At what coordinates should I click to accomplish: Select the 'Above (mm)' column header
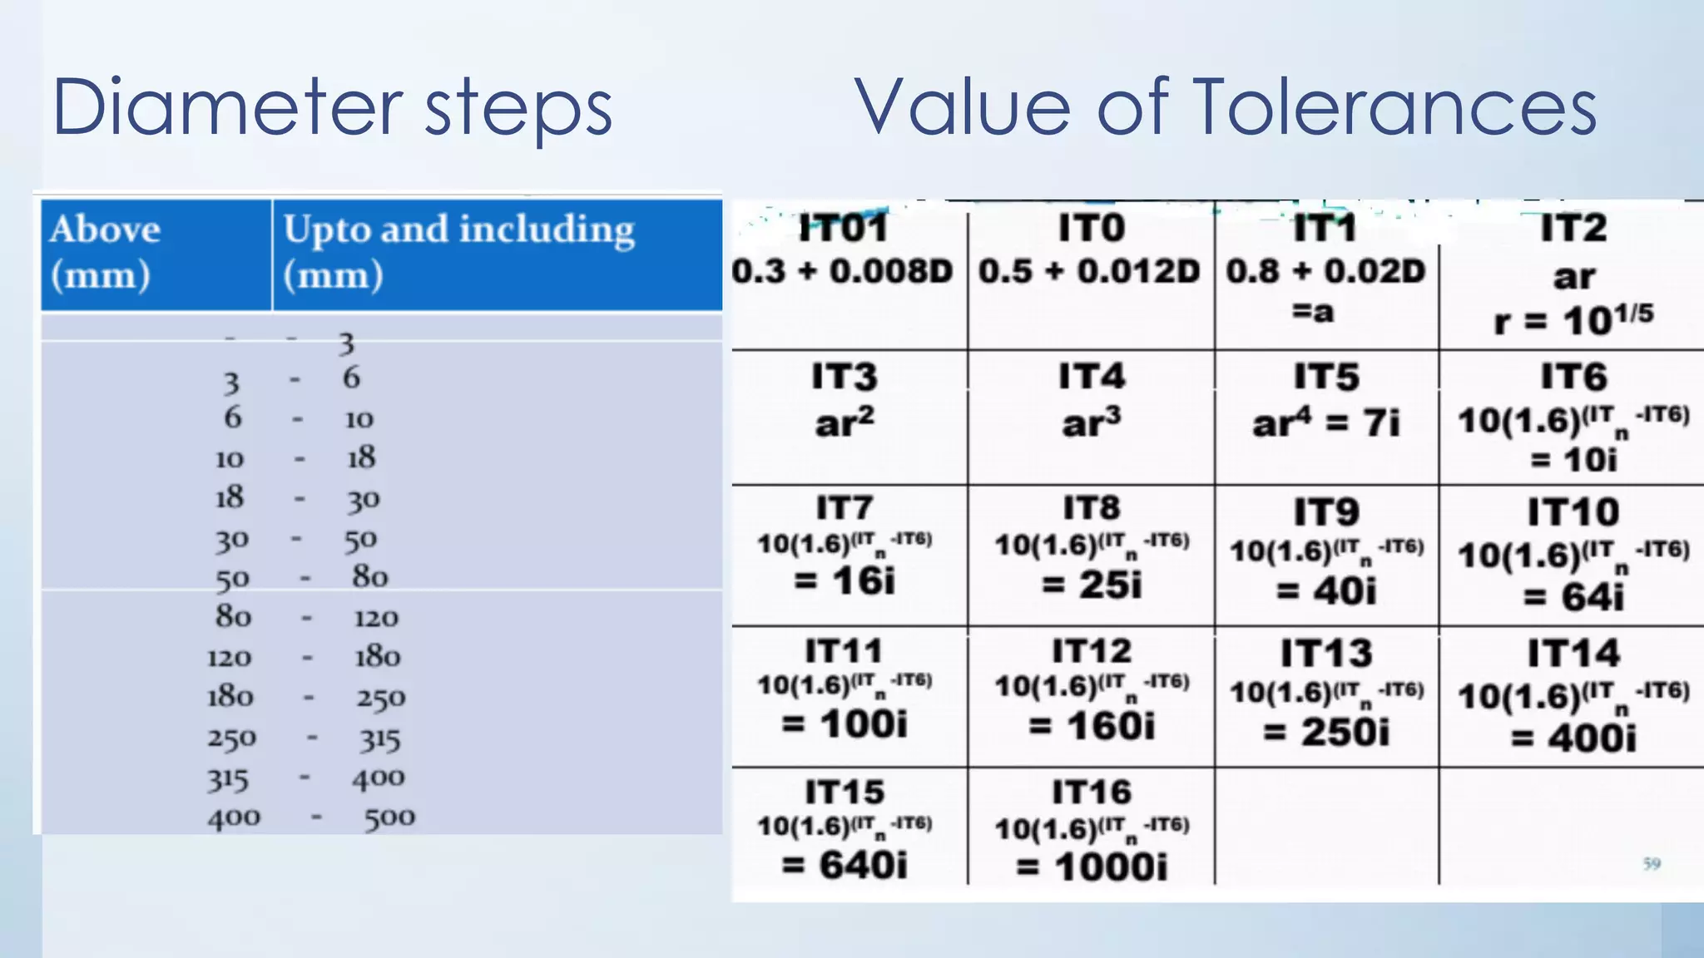(105, 251)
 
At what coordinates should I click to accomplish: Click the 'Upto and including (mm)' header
(458, 251)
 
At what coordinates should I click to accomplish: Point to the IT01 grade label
(843, 228)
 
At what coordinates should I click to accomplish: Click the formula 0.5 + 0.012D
(1089, 271)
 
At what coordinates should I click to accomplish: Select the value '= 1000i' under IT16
(1092, 867)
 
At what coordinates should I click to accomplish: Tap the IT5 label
(1326, 377)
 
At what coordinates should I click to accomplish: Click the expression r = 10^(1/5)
(1573, 319)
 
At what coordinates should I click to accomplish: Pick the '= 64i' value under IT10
(1573, 596)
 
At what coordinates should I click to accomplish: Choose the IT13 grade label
(1326, 653)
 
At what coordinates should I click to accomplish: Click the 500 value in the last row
(389, 817)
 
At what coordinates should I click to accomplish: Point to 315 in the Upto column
(380, 739)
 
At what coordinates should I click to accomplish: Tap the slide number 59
(1652, 864)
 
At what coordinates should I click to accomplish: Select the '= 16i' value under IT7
(845, 580)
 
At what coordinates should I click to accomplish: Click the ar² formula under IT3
(845, 422)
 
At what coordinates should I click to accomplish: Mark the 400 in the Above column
(234, 818)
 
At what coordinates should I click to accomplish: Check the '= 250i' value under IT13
(1326, 732)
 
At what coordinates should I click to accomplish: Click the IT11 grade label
(845, 650)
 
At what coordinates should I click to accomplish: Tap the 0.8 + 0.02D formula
(1326, 271)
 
